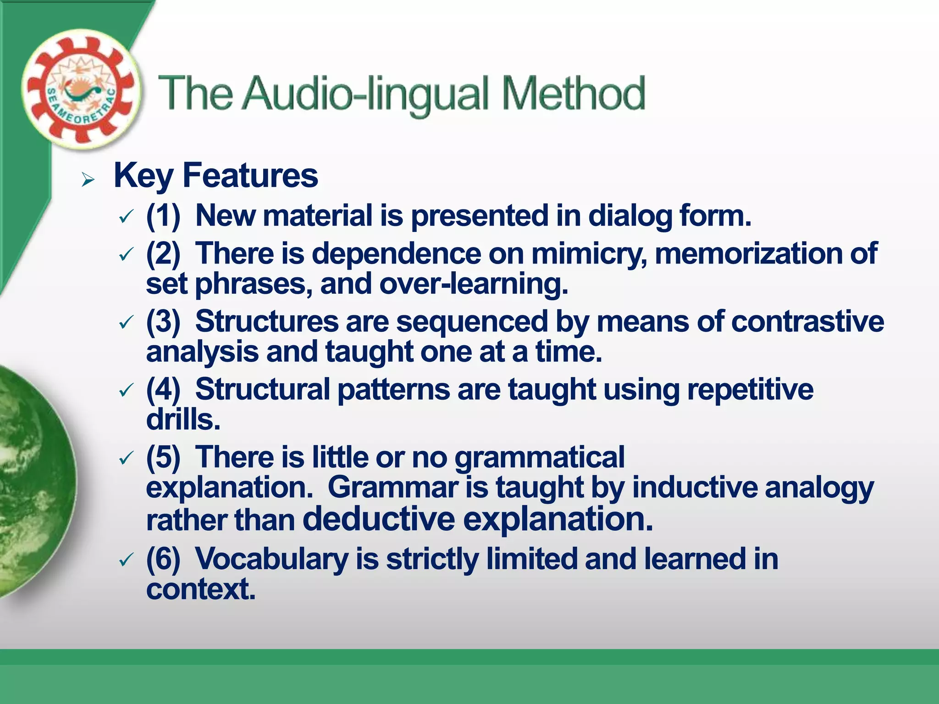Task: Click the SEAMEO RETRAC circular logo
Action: [x=81, y=90]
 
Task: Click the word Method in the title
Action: [x=573, y=93]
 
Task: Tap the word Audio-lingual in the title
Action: [x=366, y=94]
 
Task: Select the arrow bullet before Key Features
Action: [x=88, y=180]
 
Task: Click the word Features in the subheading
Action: [x=250, y=176]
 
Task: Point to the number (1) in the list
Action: [x=163, y=215]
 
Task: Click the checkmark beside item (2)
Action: [x=125, y=254]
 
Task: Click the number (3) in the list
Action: [x=163, y=321]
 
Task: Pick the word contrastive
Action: [x=807, y=321]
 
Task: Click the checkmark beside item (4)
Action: [x=125, y=390]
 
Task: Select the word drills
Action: [x=183, y=419]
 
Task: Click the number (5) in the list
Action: [x=163, y=457]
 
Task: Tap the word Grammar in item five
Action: [x=392, y=487]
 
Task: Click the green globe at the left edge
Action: [x=32, y=481]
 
